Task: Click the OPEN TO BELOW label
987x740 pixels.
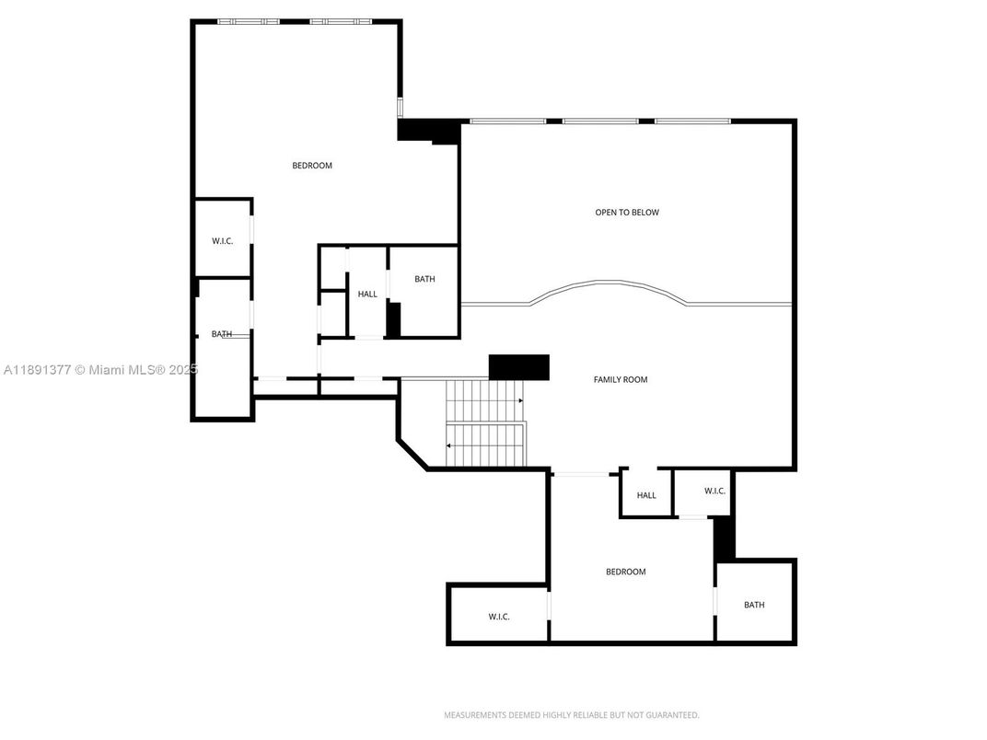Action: click(627, 213)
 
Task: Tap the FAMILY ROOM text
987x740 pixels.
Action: click(621, 379)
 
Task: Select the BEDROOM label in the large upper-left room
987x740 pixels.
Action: click(312, 166)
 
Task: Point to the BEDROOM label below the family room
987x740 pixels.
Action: click(626, 572)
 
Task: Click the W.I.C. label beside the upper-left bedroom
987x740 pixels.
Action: click(222, 241)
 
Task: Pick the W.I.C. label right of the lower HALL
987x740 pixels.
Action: click(715, 491)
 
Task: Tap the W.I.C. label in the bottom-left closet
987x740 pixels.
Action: click(499, 617)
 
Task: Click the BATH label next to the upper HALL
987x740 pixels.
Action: click(424, 279)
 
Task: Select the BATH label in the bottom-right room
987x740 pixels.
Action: click(754, 605)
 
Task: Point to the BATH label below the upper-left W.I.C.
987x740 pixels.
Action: click(222, 334)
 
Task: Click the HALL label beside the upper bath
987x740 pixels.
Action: click(367, 294)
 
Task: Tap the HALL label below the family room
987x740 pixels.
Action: click(646, 495)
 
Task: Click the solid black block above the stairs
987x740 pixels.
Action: click(519, 367)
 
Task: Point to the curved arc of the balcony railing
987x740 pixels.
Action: click(608, 283)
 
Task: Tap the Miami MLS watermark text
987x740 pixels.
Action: click(100, 370)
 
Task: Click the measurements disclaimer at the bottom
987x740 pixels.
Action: click(572, 715)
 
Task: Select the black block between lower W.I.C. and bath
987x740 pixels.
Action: click(724, 538)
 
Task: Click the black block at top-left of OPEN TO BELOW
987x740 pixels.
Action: click(428, 131)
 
